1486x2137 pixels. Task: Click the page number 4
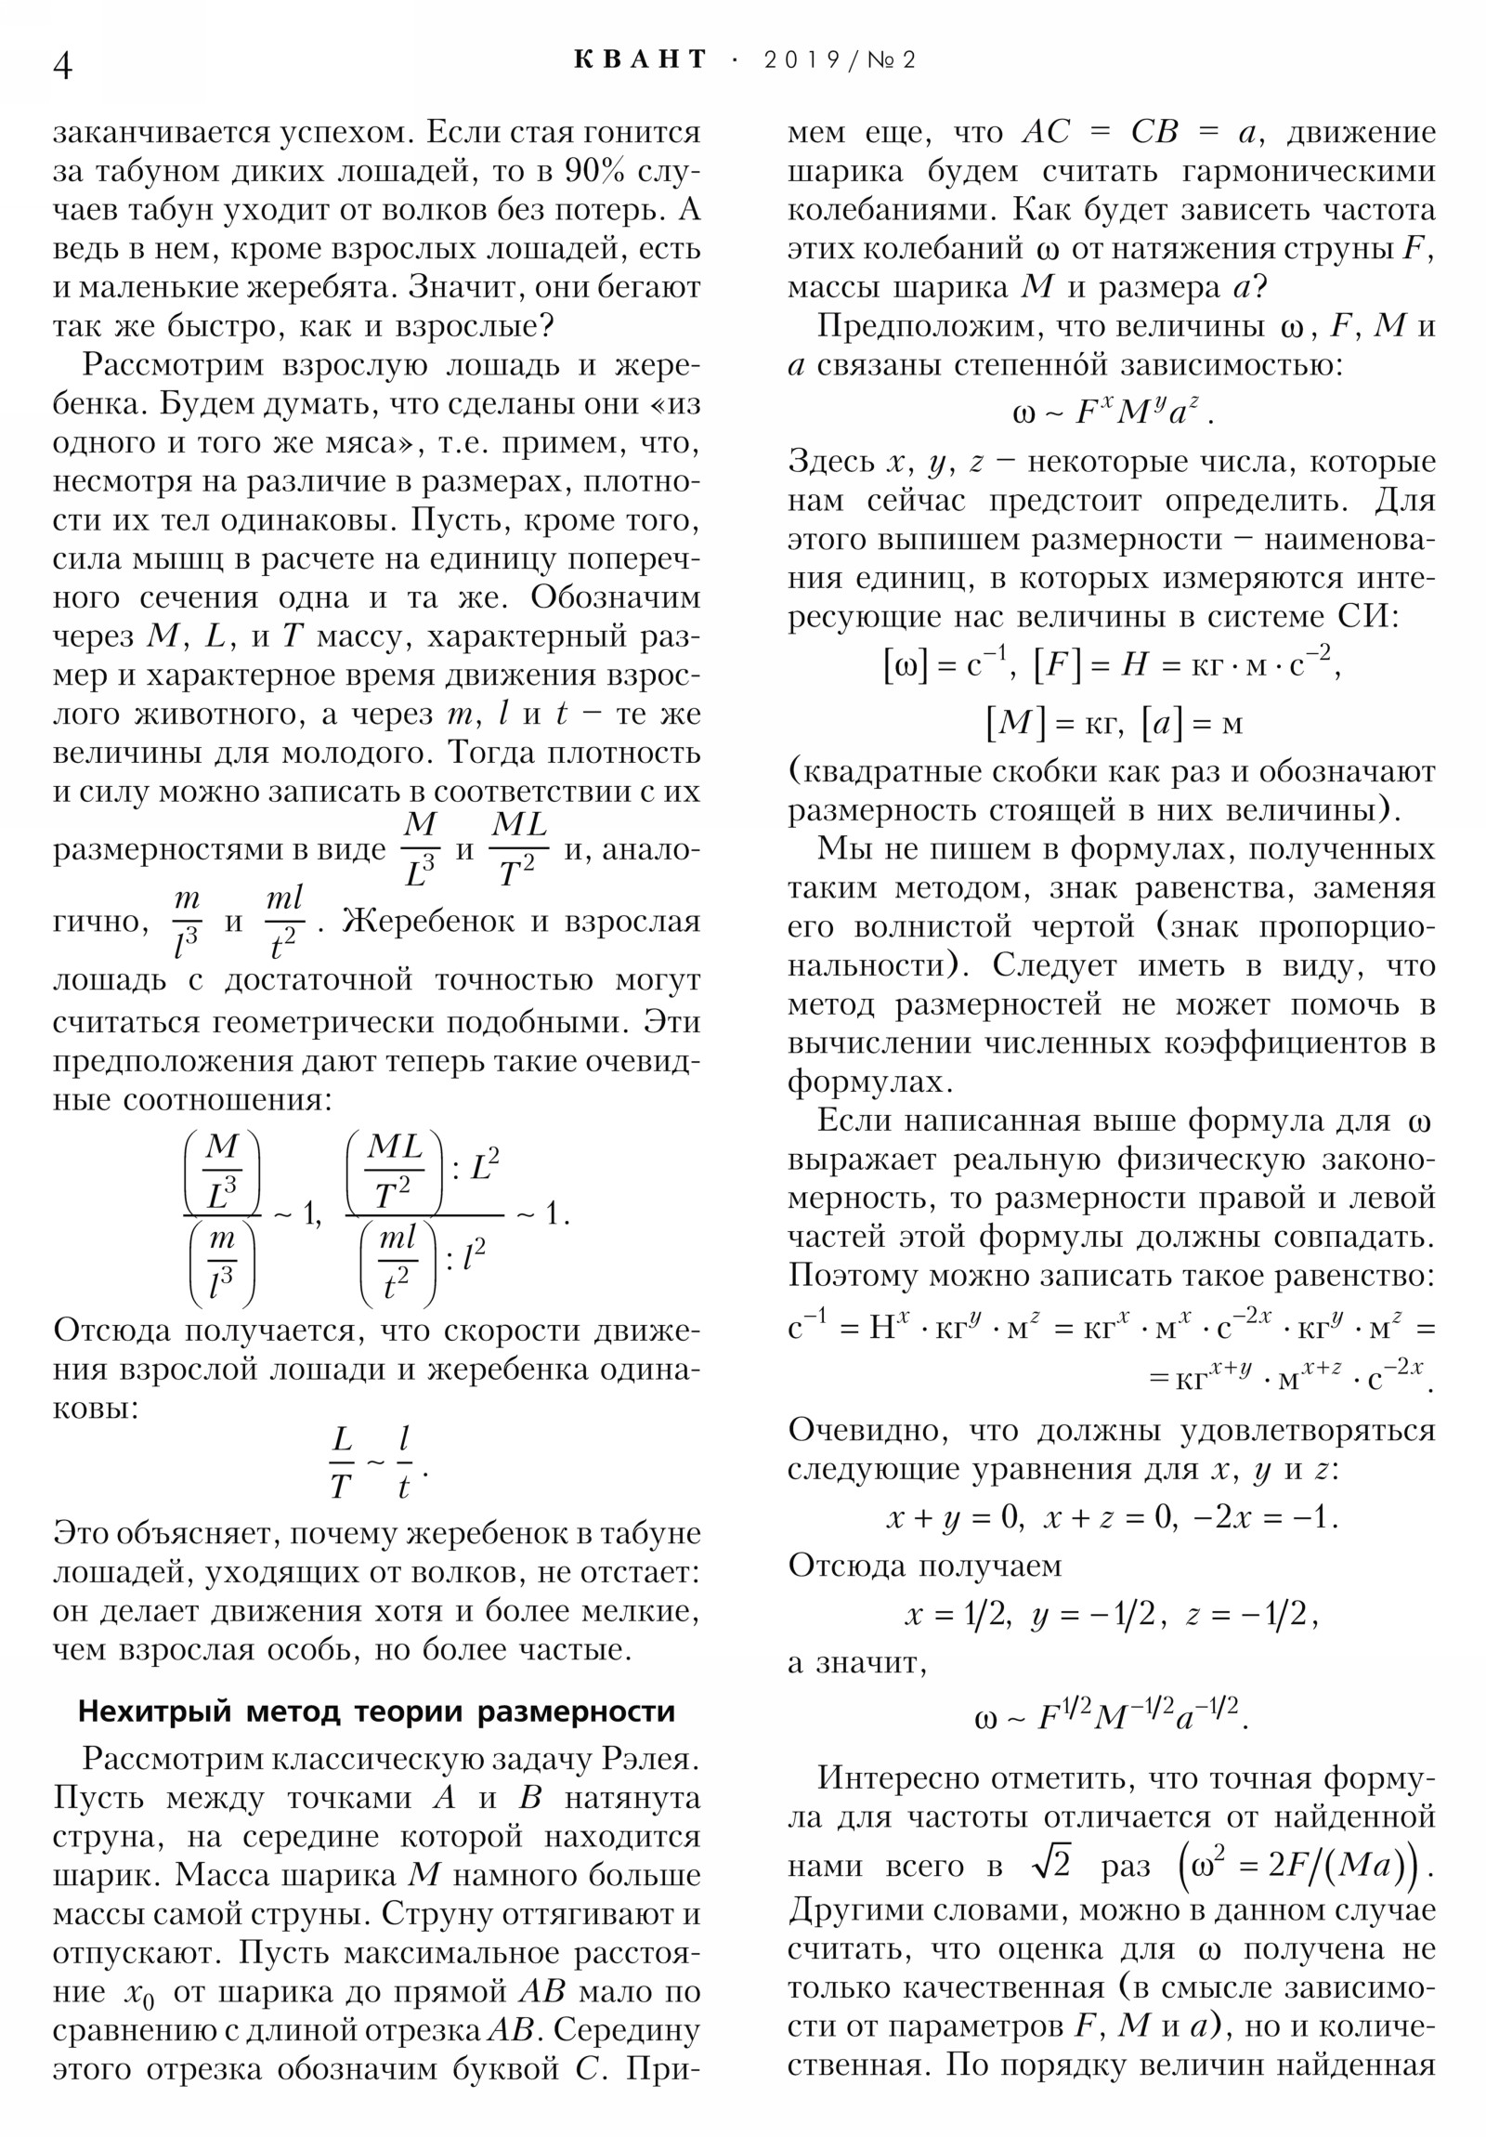tap(63, 66)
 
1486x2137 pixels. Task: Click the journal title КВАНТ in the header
tap(640, 60)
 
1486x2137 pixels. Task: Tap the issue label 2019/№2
tap(841, 60)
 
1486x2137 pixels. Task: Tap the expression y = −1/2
tap(1093, 1616)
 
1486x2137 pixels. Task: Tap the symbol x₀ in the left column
tap(138, 1993)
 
